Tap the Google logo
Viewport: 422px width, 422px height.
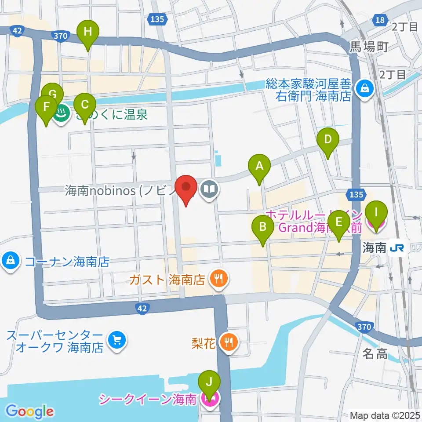point(29,411)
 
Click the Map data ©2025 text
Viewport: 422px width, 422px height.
point(385,415)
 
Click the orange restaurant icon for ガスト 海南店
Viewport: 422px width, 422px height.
point(218,278)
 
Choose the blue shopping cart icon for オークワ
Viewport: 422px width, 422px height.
point(116,340)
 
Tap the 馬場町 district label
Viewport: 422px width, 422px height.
point(368,47)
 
